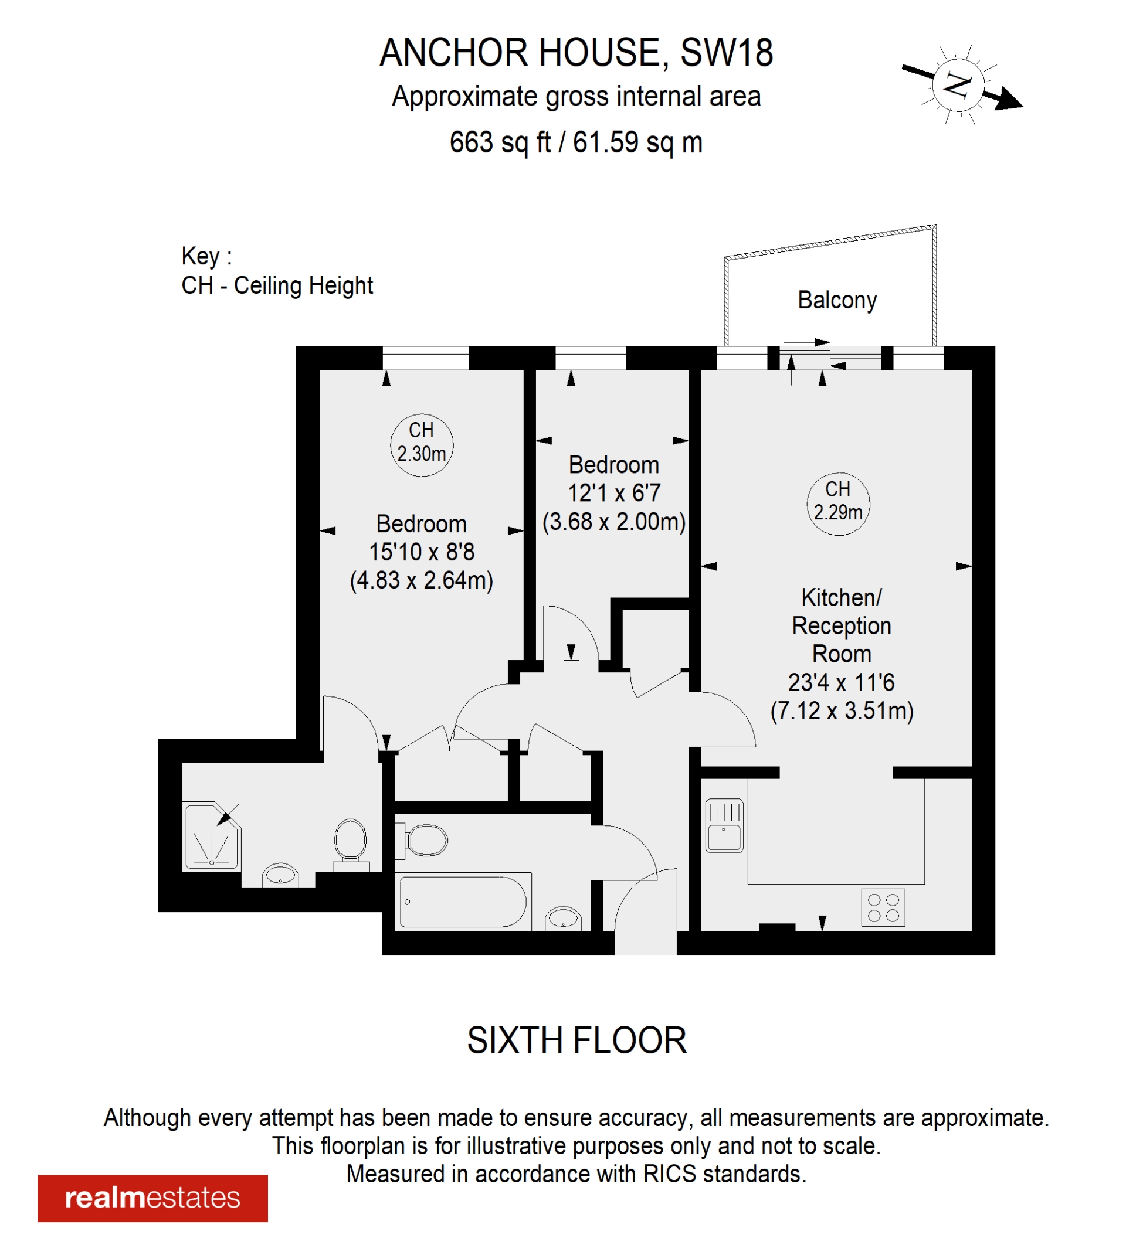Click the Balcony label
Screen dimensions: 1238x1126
(837, 300)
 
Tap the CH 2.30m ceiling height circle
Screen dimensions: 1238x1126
(422, 444)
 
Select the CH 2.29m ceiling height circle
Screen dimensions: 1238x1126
(838, 504)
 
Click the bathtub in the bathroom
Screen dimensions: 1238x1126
(463, 902)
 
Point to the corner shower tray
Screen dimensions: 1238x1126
(211, 836)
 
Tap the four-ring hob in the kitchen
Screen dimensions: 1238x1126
(883, 907)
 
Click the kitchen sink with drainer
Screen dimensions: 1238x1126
(724, 825)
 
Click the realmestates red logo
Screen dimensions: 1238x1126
(152, 1198)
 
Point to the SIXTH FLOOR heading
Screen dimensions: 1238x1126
(576, 1040)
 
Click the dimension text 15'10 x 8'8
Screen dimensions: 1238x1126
(422, 552)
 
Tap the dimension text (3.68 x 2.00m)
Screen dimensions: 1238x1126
(613, 522)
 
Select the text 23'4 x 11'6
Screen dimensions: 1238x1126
(841, 682)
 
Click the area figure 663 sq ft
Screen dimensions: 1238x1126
(500, 142)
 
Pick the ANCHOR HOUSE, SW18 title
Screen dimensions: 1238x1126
(576, 53)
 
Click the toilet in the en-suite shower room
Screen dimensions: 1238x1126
(350, 841)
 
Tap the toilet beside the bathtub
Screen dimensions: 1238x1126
(425, 840)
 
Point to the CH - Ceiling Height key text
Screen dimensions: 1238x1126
(277, 285)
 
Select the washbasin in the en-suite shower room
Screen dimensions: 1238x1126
(281, 874)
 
